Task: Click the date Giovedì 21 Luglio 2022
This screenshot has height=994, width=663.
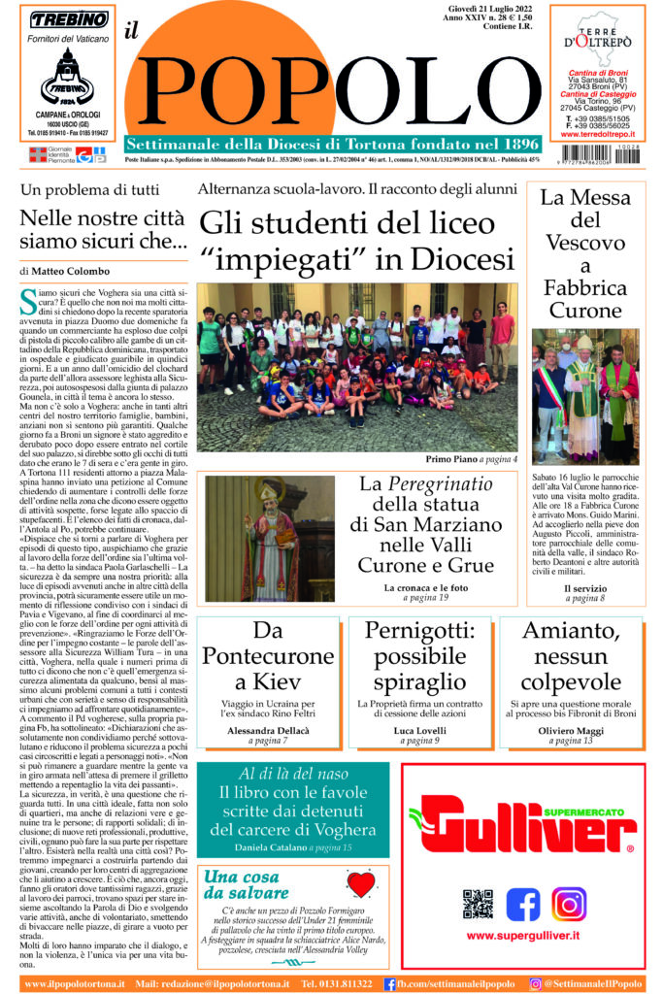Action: pyautogui.click(x=487, y=8)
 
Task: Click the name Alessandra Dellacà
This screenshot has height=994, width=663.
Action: pyautogui.click(x=256, y=728)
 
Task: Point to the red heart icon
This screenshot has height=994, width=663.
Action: pyautogui.click(x=360, y=884)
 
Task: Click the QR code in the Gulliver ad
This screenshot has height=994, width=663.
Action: pyautogui.click(x=477, y=904)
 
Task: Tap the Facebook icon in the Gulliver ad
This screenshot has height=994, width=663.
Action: pyautogui.click(x=523, y=904)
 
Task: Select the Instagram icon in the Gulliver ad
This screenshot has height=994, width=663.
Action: pyautogui.click(x=569, y=904)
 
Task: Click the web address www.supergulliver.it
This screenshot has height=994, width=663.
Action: pyautogui.click(x=523, y=936)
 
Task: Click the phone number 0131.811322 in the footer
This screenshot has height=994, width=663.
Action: pyautogui.click(x=337, y=983)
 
